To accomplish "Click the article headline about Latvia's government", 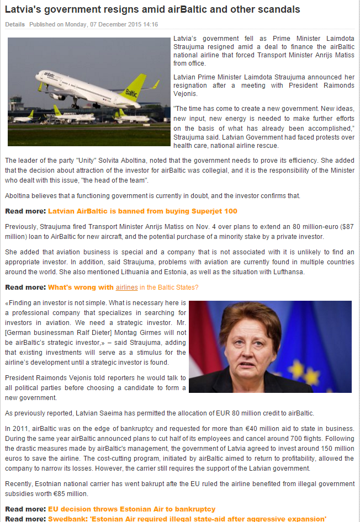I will pyautogui.click(x=152, y=9).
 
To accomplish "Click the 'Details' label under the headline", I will pyautogui.click(x=15, y=25).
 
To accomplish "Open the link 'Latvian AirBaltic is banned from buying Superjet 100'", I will pyautogui.click(x=142, y=211).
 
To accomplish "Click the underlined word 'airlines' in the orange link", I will pyautogui.click(x=126, y=287).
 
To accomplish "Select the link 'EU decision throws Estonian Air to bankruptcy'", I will pyautogui.click(x=131, y=509).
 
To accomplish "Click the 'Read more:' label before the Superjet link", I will pyautogui.click(x=25, y=211).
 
